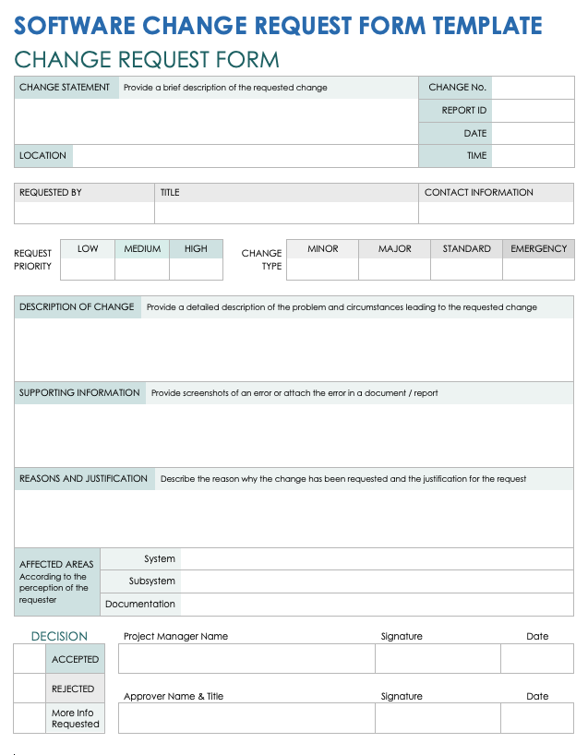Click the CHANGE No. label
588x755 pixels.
[457, 88]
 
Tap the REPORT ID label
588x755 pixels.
[463, 111]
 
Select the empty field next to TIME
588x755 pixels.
[533, 156]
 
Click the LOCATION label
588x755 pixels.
[42, 156]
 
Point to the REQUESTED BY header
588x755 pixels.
[51, 193]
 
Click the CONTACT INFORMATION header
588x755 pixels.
[478, 193]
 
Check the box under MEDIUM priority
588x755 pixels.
[142, 269]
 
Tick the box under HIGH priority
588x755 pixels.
[196, 269]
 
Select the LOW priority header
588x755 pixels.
[88, 249]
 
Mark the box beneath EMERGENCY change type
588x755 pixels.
[538, 269]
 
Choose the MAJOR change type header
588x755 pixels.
[395, 249]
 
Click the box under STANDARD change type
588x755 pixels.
[466, 269]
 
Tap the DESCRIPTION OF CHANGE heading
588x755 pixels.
[77, 307]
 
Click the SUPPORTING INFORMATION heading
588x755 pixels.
[79, 393]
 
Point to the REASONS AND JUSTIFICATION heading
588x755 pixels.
[83, 479]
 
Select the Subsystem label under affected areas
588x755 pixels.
[152, 581]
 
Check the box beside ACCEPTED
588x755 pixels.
[30, 659]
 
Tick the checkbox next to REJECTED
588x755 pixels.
[30, 689]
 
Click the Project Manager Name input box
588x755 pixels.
[246, 659]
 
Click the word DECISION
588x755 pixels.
[59, 636]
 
